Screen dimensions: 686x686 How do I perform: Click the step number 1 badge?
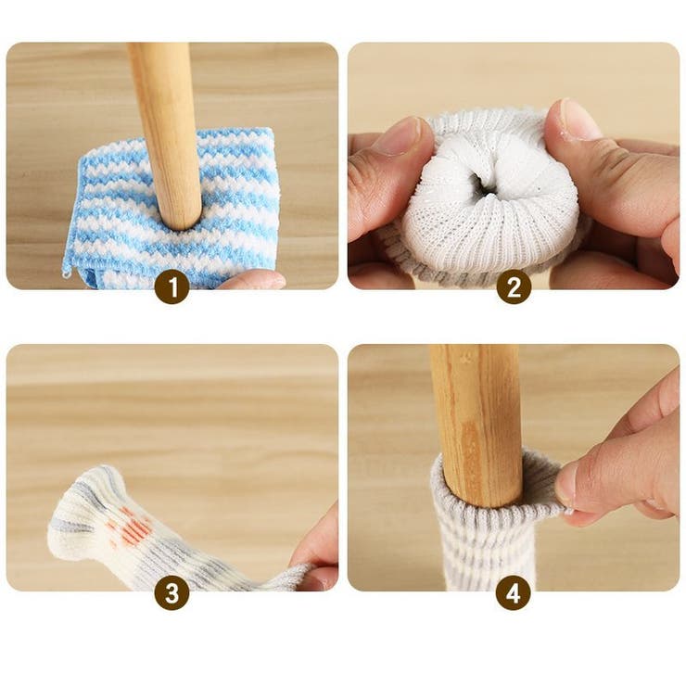[x=172, y=287]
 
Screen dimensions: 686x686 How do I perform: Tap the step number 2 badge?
[x=514, y=287]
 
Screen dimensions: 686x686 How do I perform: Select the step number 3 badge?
[x=172, y=593]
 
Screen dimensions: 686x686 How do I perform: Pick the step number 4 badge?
[x=514, y=593]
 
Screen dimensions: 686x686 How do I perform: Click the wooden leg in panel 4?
[x=475, y=425]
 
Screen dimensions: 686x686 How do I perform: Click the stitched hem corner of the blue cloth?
[x=67, y=273]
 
